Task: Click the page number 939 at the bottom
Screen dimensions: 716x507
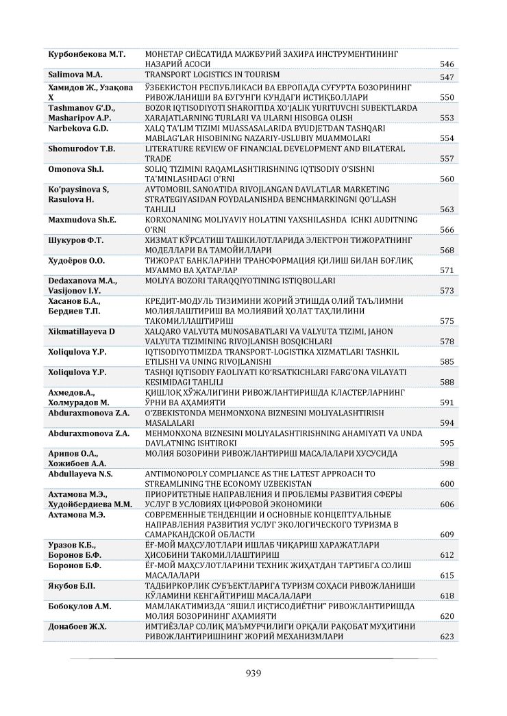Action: (x=253, y=672)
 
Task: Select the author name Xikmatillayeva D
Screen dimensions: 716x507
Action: (x=82, y=331)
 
